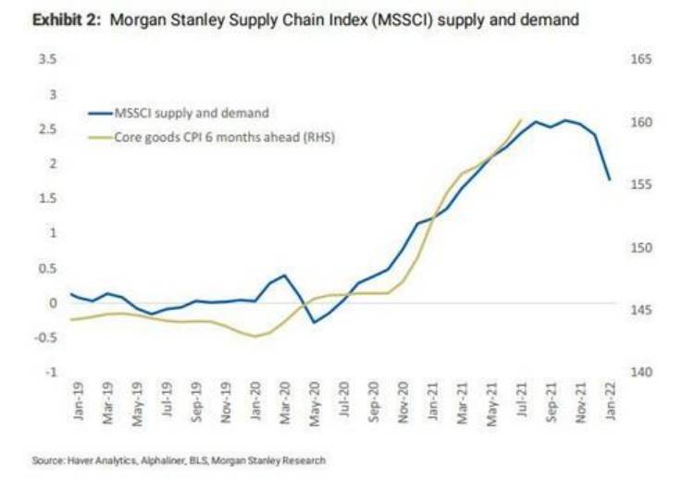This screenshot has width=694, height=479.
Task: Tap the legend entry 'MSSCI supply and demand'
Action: pos(191,113)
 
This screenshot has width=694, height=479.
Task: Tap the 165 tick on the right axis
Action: pos(641,59)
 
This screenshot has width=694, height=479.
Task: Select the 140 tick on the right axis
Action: pos(641,372)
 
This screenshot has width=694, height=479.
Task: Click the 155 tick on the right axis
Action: pos(641,185)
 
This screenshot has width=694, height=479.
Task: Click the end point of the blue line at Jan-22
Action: pos(610,179)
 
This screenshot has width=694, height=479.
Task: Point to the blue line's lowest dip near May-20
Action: pos(314,322)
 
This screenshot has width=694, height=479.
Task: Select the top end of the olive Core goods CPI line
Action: pos(522,119)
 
